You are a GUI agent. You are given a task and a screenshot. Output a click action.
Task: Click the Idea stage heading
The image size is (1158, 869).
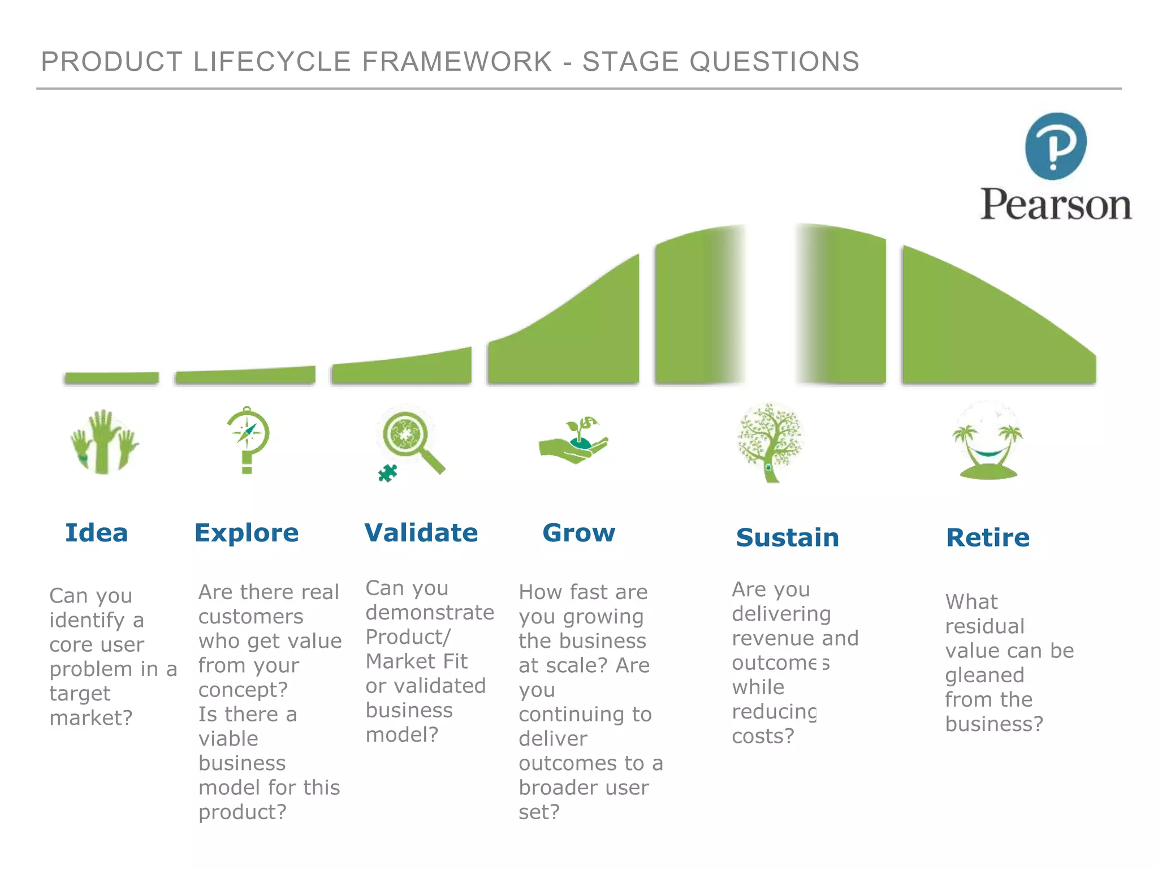[x=97, y=533]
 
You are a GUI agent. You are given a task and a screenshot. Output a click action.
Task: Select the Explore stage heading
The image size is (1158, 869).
[x=247, y=533]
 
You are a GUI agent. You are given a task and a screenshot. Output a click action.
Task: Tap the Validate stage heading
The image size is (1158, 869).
[x=421, y=533]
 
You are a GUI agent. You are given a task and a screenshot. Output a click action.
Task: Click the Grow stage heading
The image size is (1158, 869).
[x=578, y=533]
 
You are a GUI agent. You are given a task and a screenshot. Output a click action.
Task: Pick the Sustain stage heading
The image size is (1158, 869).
[x=788, y=537]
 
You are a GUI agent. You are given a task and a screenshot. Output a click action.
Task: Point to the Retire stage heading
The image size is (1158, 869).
[x=988, y=537]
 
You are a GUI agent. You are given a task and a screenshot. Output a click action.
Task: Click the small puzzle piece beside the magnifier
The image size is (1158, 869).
[x=388, y=473]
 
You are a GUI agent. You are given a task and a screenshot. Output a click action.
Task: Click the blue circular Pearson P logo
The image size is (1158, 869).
[x=1056, y=147]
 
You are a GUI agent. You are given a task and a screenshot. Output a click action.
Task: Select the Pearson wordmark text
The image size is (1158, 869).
[x=1056, y=204]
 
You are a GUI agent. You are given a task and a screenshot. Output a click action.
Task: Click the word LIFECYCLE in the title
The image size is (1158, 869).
[x=273, y=62]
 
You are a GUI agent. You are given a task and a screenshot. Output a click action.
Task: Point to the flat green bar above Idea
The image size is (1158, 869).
[x=111, y=377]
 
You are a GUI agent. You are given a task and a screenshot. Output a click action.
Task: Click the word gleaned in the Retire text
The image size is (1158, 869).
[x=984, y=675]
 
